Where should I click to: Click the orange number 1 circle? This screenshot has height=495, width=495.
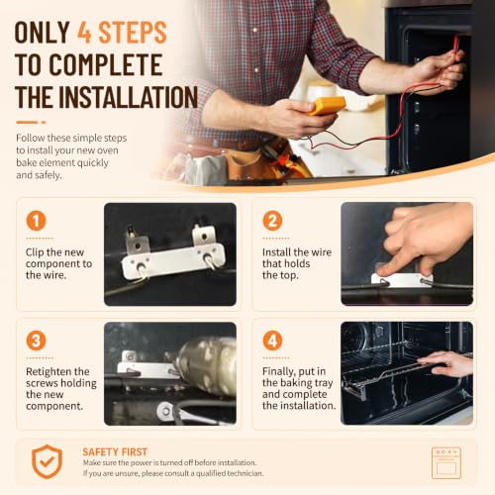pos(36,221)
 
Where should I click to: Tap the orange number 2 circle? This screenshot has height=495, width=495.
pos(272,221)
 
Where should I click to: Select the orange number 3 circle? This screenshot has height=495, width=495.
pos(36,341)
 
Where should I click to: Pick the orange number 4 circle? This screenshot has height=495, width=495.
pos(272,341)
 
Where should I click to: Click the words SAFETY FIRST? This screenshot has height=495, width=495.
pos(115,451)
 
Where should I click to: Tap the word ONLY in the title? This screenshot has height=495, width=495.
pos(42,33)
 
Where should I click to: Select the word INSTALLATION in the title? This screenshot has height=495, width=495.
pos(129,97)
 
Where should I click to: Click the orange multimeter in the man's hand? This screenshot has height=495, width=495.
pos(328,106)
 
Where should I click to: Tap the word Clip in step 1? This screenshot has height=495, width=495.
pos(35,252)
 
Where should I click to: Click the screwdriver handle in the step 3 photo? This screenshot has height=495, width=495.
pos(208,365)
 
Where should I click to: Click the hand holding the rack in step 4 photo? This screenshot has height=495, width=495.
pos(447,362)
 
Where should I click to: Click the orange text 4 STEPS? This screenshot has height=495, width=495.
pos(122,33)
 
